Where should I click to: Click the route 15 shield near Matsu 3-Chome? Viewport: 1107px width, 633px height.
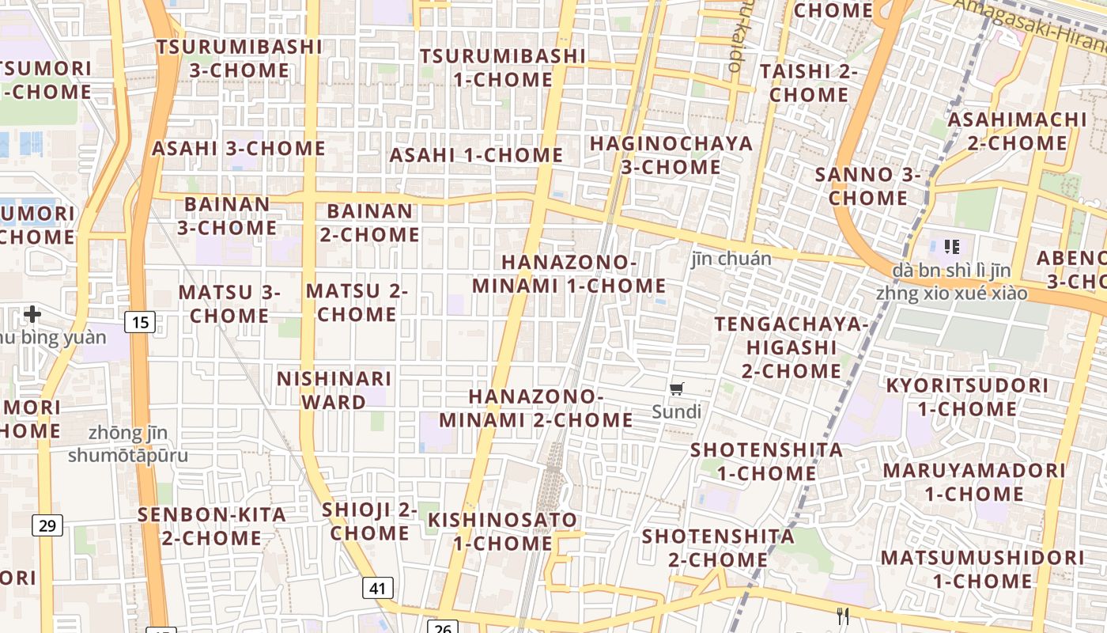(x=140, y=322)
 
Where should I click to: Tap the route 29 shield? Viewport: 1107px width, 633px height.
(x=47, y=525)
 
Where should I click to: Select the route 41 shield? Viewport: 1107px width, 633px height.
(x=379, y=588)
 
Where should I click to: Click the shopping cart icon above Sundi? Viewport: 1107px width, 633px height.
(x=676, y=389)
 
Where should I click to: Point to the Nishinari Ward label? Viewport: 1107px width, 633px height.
(x=334, y=390)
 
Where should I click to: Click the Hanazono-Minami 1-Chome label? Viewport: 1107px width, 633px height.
(x=569, y=274)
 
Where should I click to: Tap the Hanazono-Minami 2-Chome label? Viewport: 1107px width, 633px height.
(x=536, y=408)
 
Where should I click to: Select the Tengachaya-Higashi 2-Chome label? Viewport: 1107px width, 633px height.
(x=792, y=347)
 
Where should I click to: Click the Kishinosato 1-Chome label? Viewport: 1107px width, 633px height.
(x=502, y=532)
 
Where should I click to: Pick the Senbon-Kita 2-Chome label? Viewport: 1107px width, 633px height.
(x=212, y=526)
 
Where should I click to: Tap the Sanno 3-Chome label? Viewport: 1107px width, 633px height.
(x=867, y=186)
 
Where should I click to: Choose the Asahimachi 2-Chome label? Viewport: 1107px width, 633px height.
(x=1017, y=131)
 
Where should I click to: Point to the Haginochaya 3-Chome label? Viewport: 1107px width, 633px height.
(x=671, y=155)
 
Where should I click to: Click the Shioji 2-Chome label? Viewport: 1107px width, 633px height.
(x=369, y=521)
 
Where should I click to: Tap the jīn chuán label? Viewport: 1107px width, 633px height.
(x=731, y=258)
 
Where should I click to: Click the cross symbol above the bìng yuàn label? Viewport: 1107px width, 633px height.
(x=32, y=314)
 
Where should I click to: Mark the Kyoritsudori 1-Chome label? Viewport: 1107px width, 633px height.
(x=967, y=397)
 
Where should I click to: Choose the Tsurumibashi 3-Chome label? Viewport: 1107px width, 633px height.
(x=239, y=59)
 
